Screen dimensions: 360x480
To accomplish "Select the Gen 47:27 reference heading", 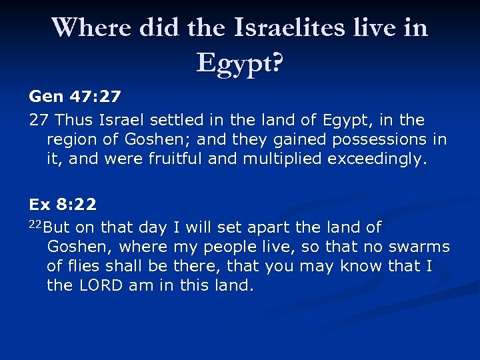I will coord(75,97).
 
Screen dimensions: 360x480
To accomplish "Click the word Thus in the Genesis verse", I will coord(75,121).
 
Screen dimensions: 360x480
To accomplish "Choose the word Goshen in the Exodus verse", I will coord(73,247).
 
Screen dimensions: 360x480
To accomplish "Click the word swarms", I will coord(419,247).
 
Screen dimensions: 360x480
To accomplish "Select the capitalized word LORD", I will coord(99,286).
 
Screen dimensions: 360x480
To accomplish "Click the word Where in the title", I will coord(91,27).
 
